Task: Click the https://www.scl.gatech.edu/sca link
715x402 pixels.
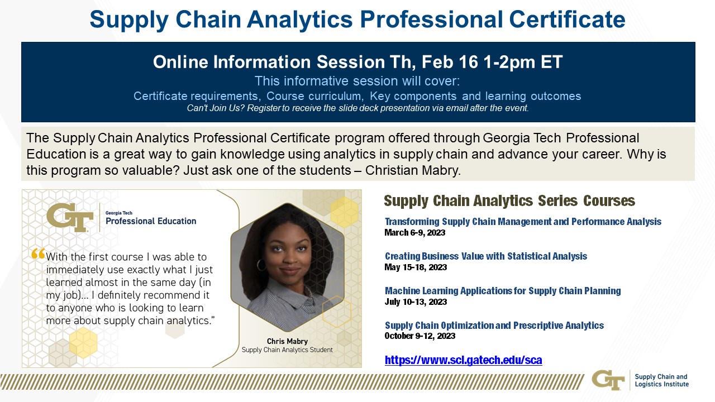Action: tap(463, 360)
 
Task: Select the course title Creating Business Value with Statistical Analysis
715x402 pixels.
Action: tap(486, 256)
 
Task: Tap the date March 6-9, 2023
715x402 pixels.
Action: tap(414, 233)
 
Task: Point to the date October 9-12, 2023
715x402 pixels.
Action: tap(420, 336)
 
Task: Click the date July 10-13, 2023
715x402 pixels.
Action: tap(416, 301)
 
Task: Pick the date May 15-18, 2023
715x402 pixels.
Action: tap(416, 267)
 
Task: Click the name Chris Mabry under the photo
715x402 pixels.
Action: tap(287, 341)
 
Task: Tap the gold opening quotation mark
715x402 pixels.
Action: tap(38, 253)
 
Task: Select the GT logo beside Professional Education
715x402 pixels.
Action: tap(70, 217)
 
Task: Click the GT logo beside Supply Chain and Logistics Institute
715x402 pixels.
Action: tap(608, 380)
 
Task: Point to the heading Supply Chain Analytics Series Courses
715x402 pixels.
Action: tap(509, 200)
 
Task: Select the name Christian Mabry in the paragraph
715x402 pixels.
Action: tap(413, 170)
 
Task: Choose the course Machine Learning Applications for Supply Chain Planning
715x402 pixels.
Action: tap(503, 291)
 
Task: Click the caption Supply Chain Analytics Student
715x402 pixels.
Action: tap(287, 350)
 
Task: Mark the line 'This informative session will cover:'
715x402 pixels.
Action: tap(357, 81)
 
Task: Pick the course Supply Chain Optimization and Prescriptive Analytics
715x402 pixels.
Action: tap(494, 326)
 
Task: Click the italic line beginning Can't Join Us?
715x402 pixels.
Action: tap(357, 108)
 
